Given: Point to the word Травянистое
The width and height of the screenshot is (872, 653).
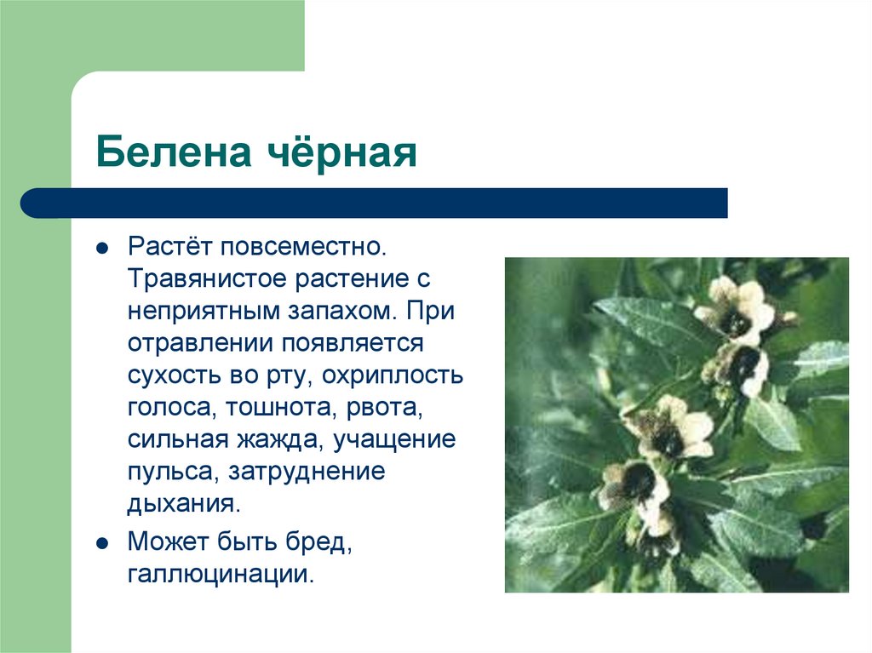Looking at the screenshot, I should pyautogui.click(x=207, y=280).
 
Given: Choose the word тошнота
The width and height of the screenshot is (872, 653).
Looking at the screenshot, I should pyautogui.click(x=282, y=406).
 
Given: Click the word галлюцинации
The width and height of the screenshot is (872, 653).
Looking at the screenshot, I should pyautogui.click(x=221, y=573).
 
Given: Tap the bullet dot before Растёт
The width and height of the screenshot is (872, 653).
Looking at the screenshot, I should pyautogui.click(x=101, y=250).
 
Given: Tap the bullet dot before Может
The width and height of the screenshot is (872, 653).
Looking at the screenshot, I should pyautogui.click(x=101, y=542).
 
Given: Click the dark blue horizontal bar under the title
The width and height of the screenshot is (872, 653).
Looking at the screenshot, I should pyautogui.click(x=375, y=203).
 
